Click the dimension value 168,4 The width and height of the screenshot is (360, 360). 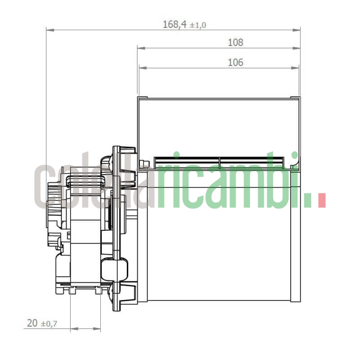(x=175, y=25)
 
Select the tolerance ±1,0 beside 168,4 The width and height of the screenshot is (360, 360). (x=198, y=26)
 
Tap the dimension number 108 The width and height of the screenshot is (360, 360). (x=235, y=43)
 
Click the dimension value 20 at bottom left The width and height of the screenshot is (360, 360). (x=32, y=323)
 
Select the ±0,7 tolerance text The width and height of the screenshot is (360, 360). (x=49, y=324)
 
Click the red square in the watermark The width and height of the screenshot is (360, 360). (x=321, y=201)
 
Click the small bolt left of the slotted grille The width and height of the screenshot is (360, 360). (x=144, y=163)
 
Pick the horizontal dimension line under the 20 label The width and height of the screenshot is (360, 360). (x=85, y=329)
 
